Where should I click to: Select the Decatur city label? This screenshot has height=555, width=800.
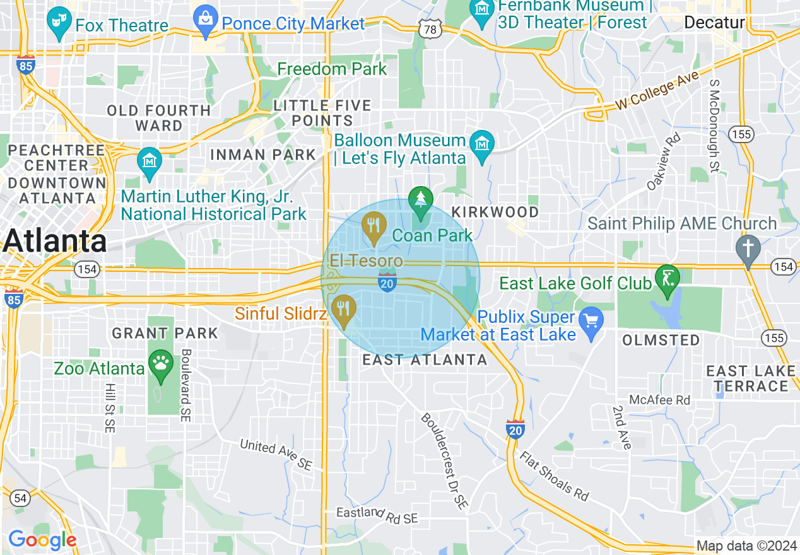[x=714, y=23]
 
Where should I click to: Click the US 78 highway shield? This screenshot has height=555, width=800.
[x=429, y=30]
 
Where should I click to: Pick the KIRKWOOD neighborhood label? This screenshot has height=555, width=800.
[x=495, y=212]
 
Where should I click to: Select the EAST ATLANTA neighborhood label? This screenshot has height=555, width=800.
[x=425, y=360]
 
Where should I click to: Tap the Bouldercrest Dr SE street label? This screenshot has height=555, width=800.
[x=445, y=461]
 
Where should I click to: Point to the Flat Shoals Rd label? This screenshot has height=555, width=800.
[x=553, y=476]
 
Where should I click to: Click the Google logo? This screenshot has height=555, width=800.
[x=42, y=540]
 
